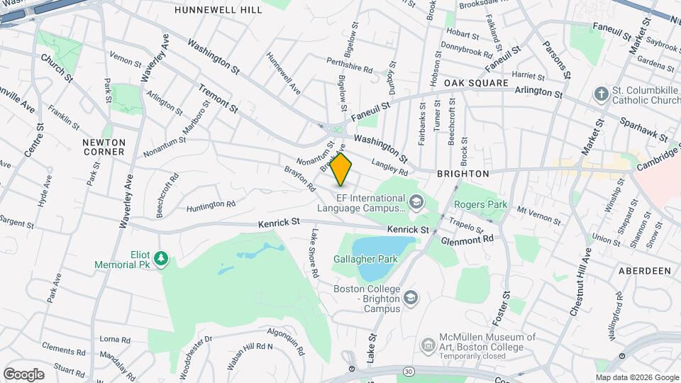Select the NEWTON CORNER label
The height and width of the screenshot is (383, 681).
104,147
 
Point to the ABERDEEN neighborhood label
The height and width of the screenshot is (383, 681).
645,271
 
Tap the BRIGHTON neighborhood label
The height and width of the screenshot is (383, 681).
463,173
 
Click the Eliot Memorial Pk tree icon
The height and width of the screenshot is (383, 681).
162,259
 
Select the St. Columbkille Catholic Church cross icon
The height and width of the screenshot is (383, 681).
601,93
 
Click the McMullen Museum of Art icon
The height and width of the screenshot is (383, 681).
428,345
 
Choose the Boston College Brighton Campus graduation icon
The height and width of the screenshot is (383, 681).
411,299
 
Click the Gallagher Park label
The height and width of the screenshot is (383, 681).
366,260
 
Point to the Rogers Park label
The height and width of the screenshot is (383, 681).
481,205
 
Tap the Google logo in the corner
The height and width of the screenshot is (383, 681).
23,374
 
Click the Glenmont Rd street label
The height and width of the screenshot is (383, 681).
467,240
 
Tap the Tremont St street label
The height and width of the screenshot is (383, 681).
217,96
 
